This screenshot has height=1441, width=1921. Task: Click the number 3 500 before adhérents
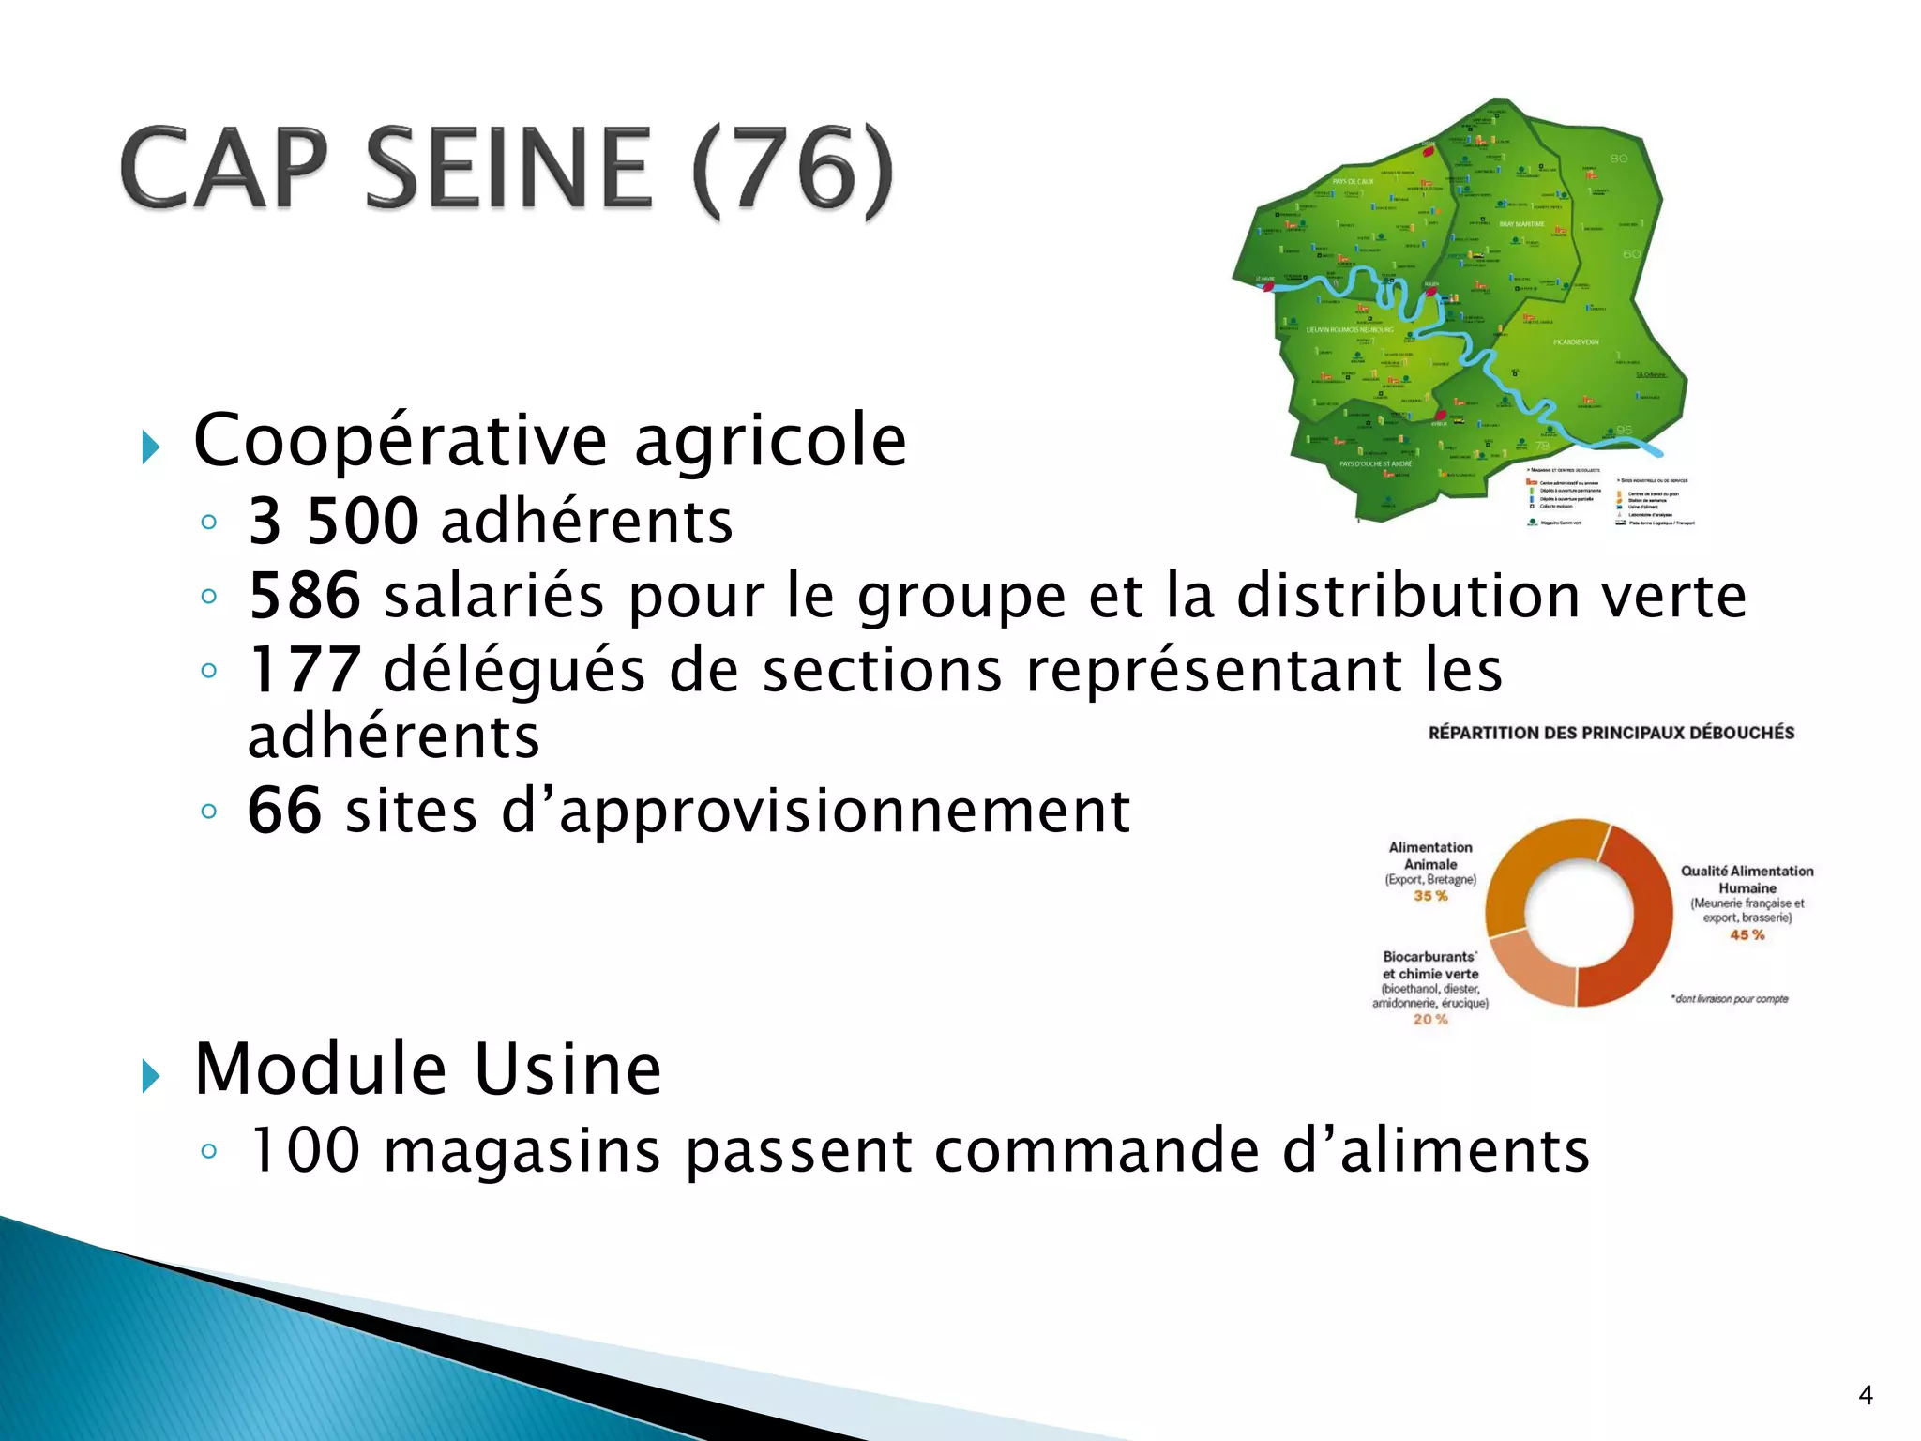click(x=333, y=522)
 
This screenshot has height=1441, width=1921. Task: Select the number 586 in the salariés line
click(x=304, y=596)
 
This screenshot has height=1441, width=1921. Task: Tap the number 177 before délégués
click(x=304, y=671)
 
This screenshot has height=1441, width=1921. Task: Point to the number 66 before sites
click(x=284, y=811)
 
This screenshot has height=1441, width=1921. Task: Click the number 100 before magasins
click(x=306, y=1151)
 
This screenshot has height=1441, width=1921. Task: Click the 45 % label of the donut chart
click(x=1747, y=935)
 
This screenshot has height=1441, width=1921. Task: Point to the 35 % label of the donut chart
click(x=1430, y=896)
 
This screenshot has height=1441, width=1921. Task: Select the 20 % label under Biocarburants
click(x=1430, y=1020)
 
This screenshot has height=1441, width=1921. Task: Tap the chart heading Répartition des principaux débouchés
click(x=1611, y=733)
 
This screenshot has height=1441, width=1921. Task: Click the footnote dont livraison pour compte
click(x=1730, y=999)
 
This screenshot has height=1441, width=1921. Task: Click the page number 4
click(x=1865, y=1396)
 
